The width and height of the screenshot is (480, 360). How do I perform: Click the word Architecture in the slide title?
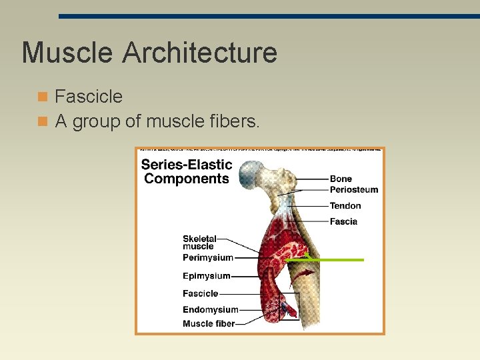(x=201, y=53)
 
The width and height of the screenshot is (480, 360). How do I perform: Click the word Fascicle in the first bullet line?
(x=89, y=97)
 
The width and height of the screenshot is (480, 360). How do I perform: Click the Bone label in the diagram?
(x=341, y=179)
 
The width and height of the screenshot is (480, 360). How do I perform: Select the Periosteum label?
(x=353, y=189)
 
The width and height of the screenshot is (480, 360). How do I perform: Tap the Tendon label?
(x=345, y=206)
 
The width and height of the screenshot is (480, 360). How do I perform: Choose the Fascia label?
(x=343, y=221)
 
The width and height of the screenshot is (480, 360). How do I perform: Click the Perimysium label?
(x=208, y=257)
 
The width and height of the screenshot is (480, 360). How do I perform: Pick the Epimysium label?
(x=207, y=276)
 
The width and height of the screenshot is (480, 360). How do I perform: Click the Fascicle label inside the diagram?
(x=200, y=293)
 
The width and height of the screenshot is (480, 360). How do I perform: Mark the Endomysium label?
(x=210, y=309)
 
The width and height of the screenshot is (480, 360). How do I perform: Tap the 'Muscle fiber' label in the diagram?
(x=209, y=323)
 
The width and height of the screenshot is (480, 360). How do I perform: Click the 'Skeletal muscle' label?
(x=199, y=242)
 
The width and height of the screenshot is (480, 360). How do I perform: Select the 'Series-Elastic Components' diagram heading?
(x=187, y=171)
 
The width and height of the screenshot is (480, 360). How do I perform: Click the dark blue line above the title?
(x=267, y=16)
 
